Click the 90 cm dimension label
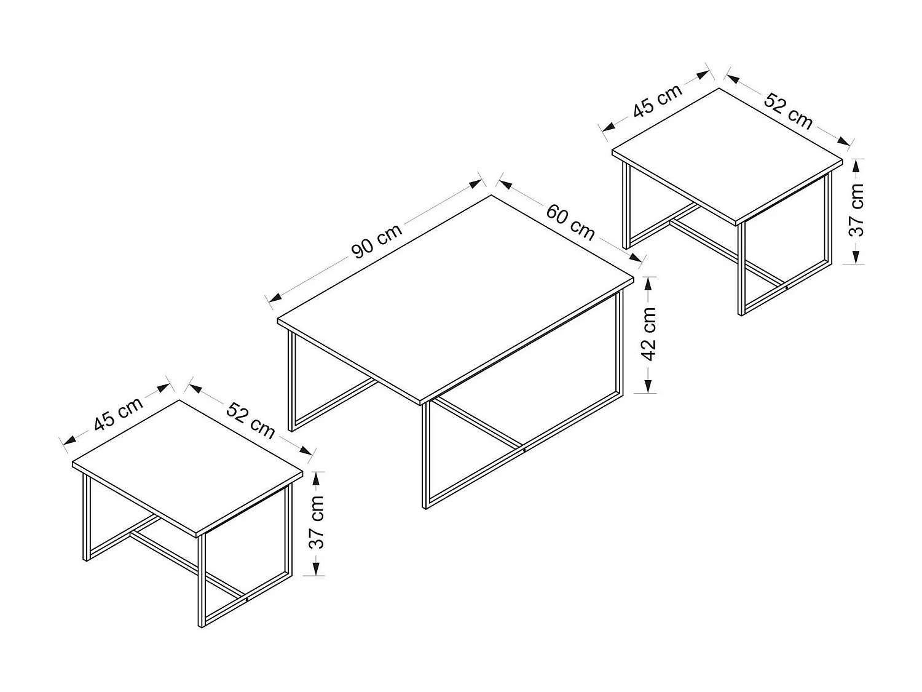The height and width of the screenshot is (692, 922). click(376, 241)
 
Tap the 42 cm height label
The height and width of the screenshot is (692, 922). click(649, 334)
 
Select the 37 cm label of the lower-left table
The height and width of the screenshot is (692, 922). click(315, 522)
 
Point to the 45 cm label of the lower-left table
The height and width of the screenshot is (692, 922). click(118, 413)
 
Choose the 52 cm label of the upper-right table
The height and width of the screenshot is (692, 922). click(788, 111)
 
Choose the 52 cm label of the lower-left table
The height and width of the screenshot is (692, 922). click(250, 420)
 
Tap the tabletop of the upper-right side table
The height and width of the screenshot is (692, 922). click(727, 154)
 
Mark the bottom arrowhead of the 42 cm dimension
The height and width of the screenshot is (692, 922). click(649, 387)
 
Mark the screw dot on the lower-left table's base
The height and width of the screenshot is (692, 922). click(246, 597)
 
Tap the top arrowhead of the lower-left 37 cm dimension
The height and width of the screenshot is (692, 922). click(315, 476)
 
